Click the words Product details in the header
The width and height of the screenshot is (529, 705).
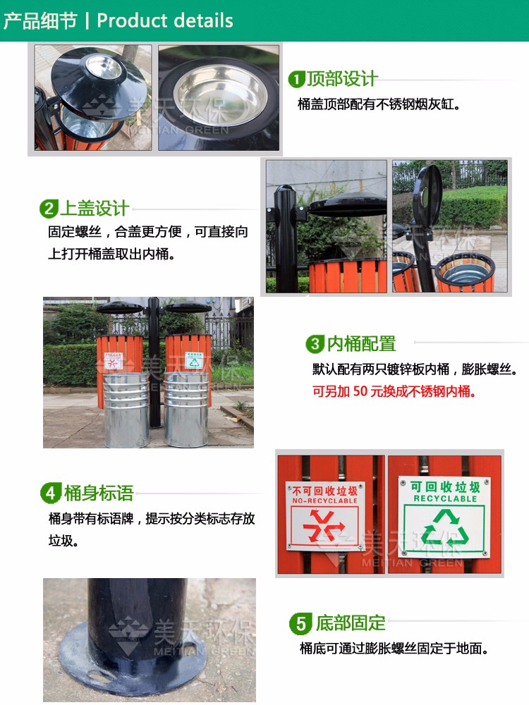pyautogui.click(x=165, y=20)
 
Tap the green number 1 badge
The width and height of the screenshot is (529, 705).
pyautogui.click(x=297, y=80)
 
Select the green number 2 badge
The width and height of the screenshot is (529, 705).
pyautogui.click(x=49, y=209)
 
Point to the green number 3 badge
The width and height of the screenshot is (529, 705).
pyautogui.click(x=315, y=345)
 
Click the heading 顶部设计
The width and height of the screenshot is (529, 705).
pyautogui.click(x=342, y=79)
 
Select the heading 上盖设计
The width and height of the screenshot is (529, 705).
pyautogui.click(x=95, y=208)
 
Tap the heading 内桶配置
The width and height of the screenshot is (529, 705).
pyautogui.click(x=361, y=344)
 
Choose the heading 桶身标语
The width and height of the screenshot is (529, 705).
pyautogui.click(x=99, y=493)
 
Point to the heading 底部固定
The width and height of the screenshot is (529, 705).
pyautogui.click(x=351, y=623)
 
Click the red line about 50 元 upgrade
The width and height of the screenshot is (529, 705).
pyautogui.click(x=394, y=391)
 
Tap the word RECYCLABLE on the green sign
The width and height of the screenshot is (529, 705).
pyautogui.click(x=445, y=498)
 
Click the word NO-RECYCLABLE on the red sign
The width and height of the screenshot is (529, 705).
pyautogui.click(x=324, y=501)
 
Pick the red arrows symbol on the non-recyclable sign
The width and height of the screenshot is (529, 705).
pyautogui.click(x=324, y=526)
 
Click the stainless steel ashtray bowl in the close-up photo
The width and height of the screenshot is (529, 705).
pyautogui.click(x=220, y=95)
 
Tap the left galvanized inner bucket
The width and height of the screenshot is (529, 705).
pyautogui.click(x=126, y=409)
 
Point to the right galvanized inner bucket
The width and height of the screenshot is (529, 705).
pyautogui.click(x=186, y=408)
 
